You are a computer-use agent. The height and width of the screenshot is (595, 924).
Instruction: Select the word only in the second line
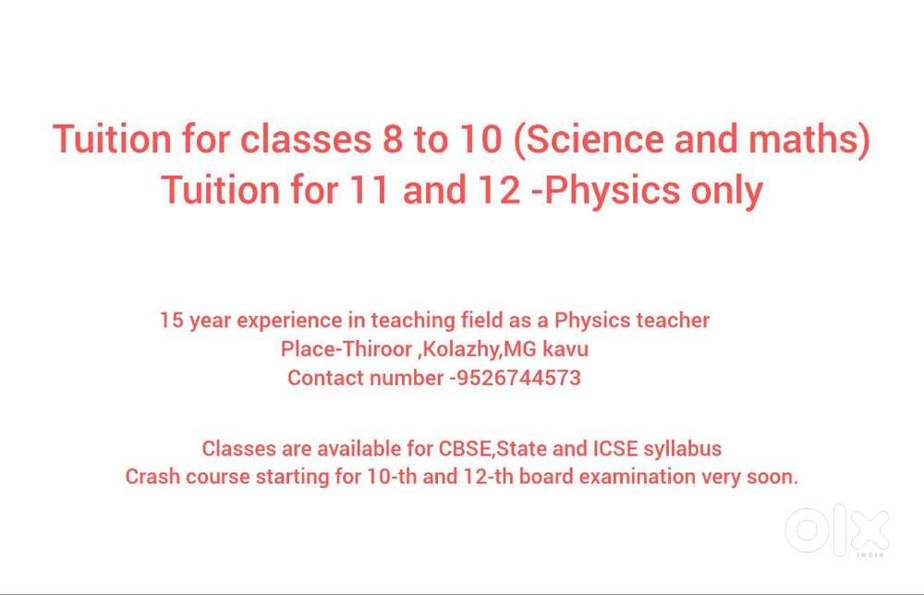tap(727, 190)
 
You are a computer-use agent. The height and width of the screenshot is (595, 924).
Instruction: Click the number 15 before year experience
tap(171, 321)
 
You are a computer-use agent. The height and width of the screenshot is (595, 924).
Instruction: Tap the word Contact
tap(325, 378)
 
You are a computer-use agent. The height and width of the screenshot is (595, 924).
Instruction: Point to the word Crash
tap(152, 478)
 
